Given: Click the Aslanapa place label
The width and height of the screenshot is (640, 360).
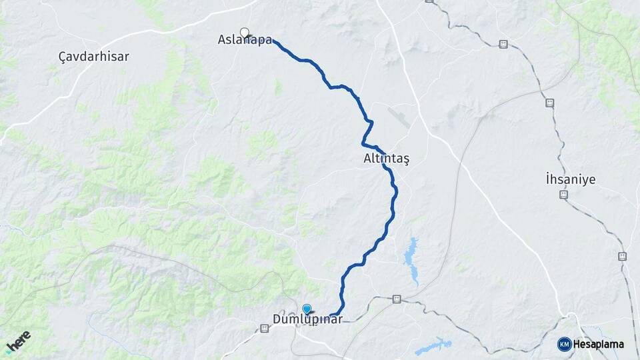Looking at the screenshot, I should pyautogui.click(x=245, y=40).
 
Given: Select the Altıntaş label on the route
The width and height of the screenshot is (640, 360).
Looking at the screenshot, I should pyautogui.click(x=386, y=159).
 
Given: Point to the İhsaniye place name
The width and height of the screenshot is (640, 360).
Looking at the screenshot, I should pyautogui.click(x=570, y=179).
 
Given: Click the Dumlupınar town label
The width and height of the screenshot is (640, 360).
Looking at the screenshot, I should pyautogui.click(x=307, y=319).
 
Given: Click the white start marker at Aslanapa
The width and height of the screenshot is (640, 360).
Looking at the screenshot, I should pyautogui.click(x=245, y=31).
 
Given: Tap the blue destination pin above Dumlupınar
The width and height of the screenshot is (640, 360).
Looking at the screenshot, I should pyautogui.click(x=307, y=308).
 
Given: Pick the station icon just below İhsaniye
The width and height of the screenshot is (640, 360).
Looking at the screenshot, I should pyautogui.click(x=563, y=194).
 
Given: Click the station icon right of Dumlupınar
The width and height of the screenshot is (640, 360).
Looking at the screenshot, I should pyautogui.click(x=397, y=299).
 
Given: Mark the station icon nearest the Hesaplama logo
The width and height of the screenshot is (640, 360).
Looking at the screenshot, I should pyautogui.click(x=622, y=256).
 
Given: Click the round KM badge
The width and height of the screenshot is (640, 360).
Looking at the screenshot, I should pyautogui.click(x=564, y=344).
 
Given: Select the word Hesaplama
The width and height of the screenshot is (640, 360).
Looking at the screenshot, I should pyautogui.click(x=598, y=345).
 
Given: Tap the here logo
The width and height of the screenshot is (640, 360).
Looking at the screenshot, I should pyautogui.click(x=18, y=341).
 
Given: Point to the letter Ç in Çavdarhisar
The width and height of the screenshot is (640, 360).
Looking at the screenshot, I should pyautogui.click(x=62, y=57).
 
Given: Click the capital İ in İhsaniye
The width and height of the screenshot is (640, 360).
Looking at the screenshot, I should pyautogui.click(x=547, y=179).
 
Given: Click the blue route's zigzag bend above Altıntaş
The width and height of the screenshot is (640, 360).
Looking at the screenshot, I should pyautogui.click(x=367, y=131).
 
